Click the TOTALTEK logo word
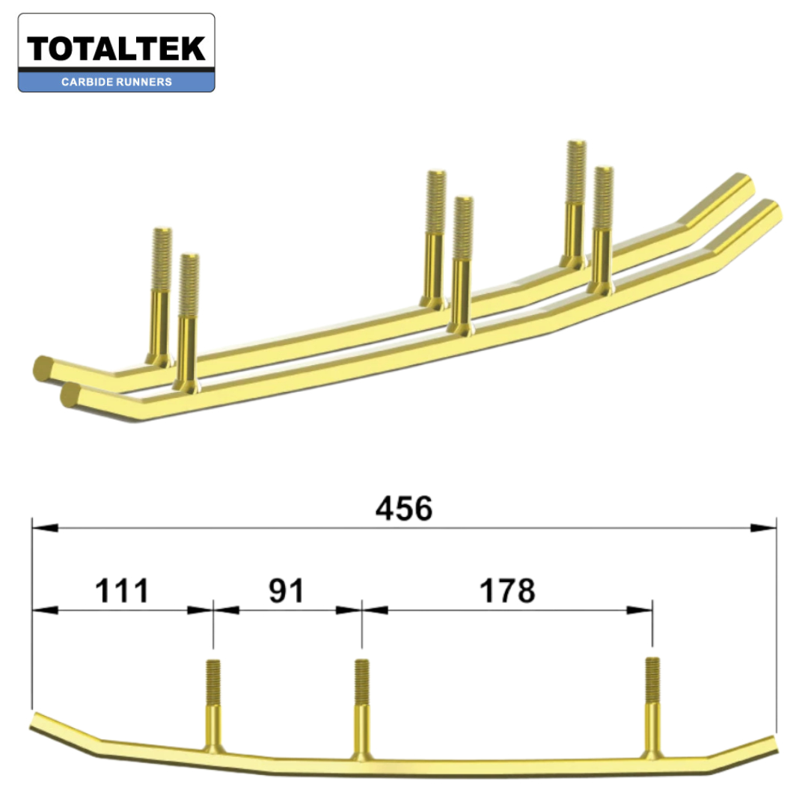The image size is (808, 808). click(117, 49)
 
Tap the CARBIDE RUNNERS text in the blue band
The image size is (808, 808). click(117, 82)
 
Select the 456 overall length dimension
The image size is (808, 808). click(404, 509)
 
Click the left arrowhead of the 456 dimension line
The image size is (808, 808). click(45, 528)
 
